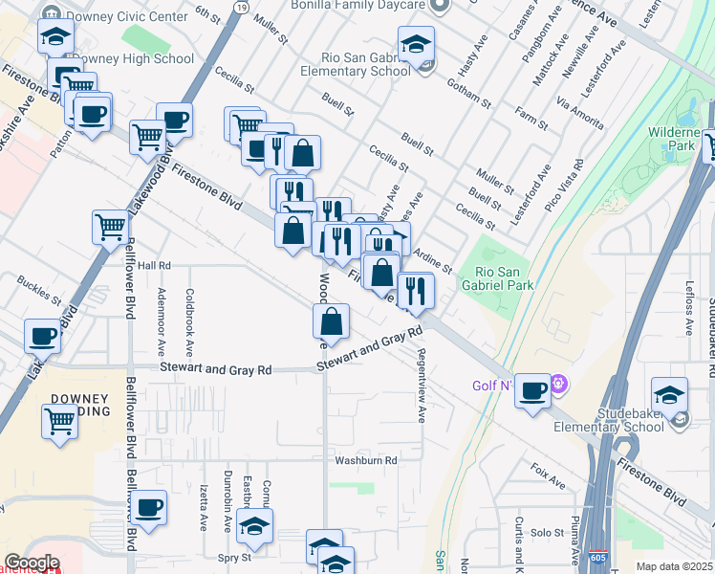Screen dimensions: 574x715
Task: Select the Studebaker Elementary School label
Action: [617, 419]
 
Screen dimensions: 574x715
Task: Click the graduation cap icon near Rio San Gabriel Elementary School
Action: [417, 44]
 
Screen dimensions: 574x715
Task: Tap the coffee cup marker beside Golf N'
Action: [533, 389]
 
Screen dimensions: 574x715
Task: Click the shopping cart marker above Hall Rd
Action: [111, 227]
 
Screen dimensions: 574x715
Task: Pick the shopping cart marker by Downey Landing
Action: [60, 419]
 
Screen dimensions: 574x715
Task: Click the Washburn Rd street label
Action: [365, 460]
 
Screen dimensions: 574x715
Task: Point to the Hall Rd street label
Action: [153, 265]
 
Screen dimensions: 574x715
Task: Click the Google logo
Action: [32, 563]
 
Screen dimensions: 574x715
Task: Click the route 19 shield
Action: [243, 7]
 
